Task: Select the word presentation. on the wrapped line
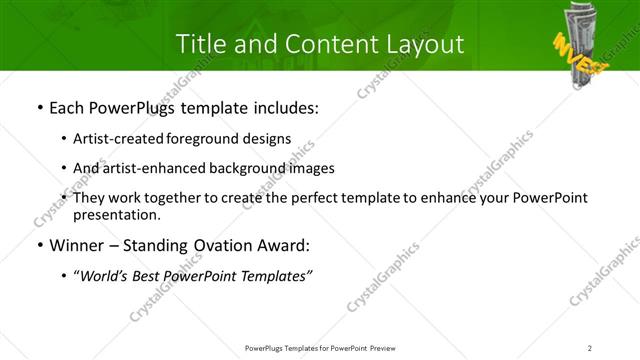[x=116, y=214]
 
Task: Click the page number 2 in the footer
[x=589, y=348]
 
